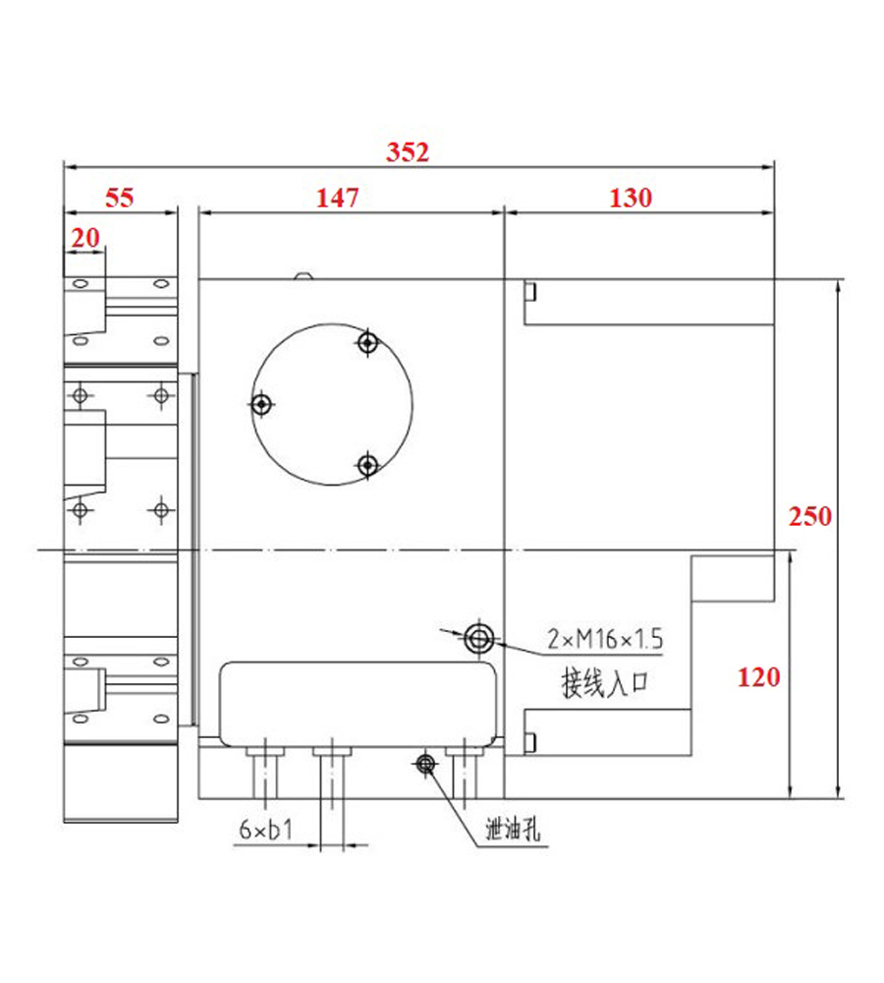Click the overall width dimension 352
(x=408, y=152)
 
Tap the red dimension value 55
(x=119, y=199)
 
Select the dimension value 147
(x=337, y=199)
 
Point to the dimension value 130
(x=631, y=199)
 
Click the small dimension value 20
(x=85, y=238)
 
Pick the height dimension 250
(x=810, y=517)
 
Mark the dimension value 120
(x=758, y=677)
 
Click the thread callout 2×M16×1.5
(x=605, y=639)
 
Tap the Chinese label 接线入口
(x=604, y=683)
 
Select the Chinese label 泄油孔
(x=513, y=830)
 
